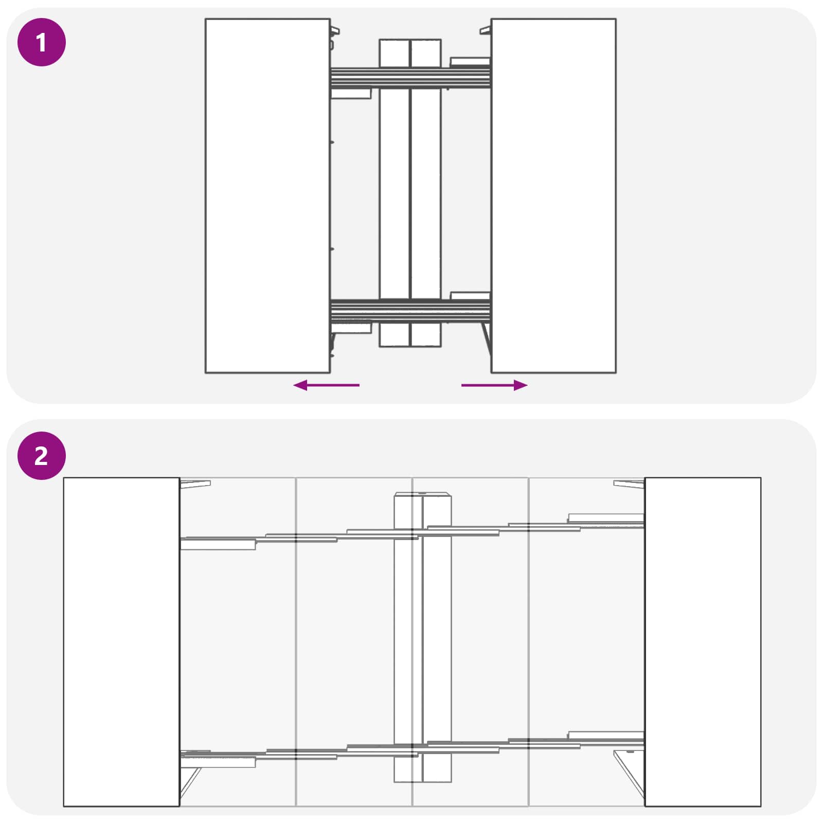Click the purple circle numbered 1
(x=42, y=42)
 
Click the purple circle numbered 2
(x=42, y=456)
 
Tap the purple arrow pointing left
(x=326, y=385)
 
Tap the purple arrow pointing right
(x=494, y=385)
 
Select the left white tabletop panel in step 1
(x=267, y=195)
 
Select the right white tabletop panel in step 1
(x=553, y=195)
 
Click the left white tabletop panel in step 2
(x=121, y=642)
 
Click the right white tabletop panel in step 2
(x=703, y=642)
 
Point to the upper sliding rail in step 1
(x=410, y=78)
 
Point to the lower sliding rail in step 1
(x=410, y=310)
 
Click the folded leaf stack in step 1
(x=410, y=193)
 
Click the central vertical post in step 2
(x=422, y=638)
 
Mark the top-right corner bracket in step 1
(x=486, y=31)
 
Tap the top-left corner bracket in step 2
(x=195, y=483)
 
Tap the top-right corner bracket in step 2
(x=629, y=484)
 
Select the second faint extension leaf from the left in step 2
(x=354, y=642)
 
